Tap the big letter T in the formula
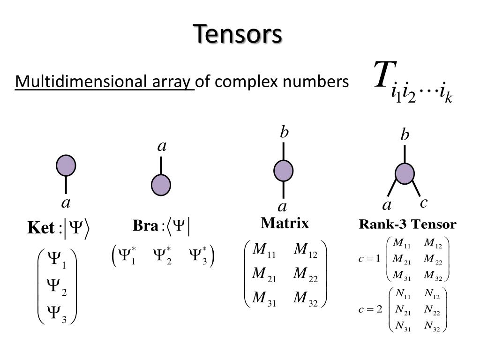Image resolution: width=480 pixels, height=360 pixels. (382, 74)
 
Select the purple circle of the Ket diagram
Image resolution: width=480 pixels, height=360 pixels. (66, 165)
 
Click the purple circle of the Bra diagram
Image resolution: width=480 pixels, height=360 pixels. (161, 185)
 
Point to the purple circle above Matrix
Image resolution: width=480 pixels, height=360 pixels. (284, 170)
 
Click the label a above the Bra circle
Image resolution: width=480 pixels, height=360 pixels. (162, 147)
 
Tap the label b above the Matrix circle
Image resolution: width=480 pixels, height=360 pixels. (284, 133)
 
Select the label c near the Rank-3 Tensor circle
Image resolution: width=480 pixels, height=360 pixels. (423, 203)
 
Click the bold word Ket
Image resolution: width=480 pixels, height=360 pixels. (41, 229)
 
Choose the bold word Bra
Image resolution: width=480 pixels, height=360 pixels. (145, 226)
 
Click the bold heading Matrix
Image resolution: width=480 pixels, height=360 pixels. (285, 223)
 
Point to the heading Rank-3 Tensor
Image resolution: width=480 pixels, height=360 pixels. (407, 225)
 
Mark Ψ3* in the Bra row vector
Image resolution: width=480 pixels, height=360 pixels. (198, 256)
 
